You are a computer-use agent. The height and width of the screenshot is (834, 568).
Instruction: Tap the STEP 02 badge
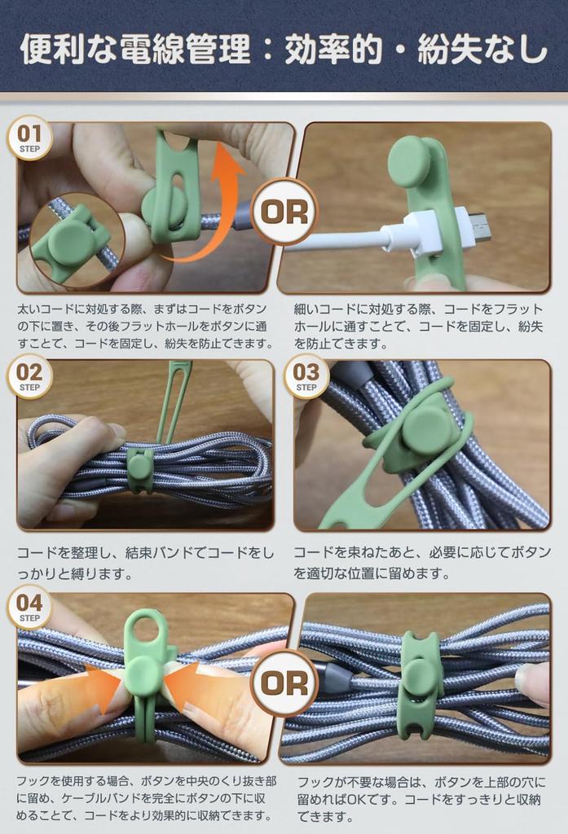click(29, 376)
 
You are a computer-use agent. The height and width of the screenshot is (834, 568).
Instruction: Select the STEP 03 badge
click(306, 376)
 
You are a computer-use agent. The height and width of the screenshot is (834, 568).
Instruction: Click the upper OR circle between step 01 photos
click(284, 212)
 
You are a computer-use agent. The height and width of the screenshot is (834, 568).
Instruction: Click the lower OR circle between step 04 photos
click(284, 683)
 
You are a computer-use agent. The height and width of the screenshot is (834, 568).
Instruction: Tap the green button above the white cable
click(409, 160)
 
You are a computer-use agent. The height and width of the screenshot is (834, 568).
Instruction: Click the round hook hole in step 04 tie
click(147, 630)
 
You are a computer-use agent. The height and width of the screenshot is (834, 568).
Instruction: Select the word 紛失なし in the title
click(482, 50)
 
